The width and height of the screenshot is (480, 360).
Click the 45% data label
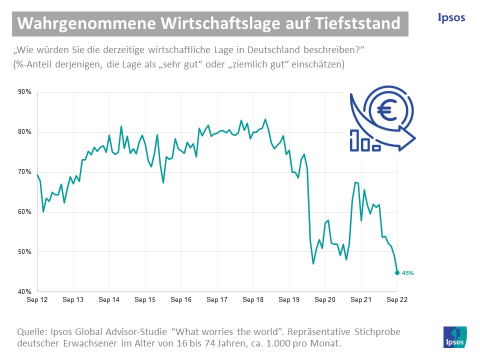(408, 273)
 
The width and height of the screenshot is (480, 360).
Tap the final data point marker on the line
(397, 272)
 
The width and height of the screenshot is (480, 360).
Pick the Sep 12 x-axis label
(37, 300)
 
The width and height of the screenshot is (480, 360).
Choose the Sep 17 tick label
(217, 300)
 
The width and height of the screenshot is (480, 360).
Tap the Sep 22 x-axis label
(397, 300)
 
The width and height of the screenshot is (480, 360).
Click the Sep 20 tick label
(325, 300)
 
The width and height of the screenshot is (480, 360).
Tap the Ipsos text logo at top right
(451, 17)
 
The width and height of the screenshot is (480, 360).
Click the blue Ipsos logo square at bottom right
(455, 337)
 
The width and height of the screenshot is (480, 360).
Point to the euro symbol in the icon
(387, 111)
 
